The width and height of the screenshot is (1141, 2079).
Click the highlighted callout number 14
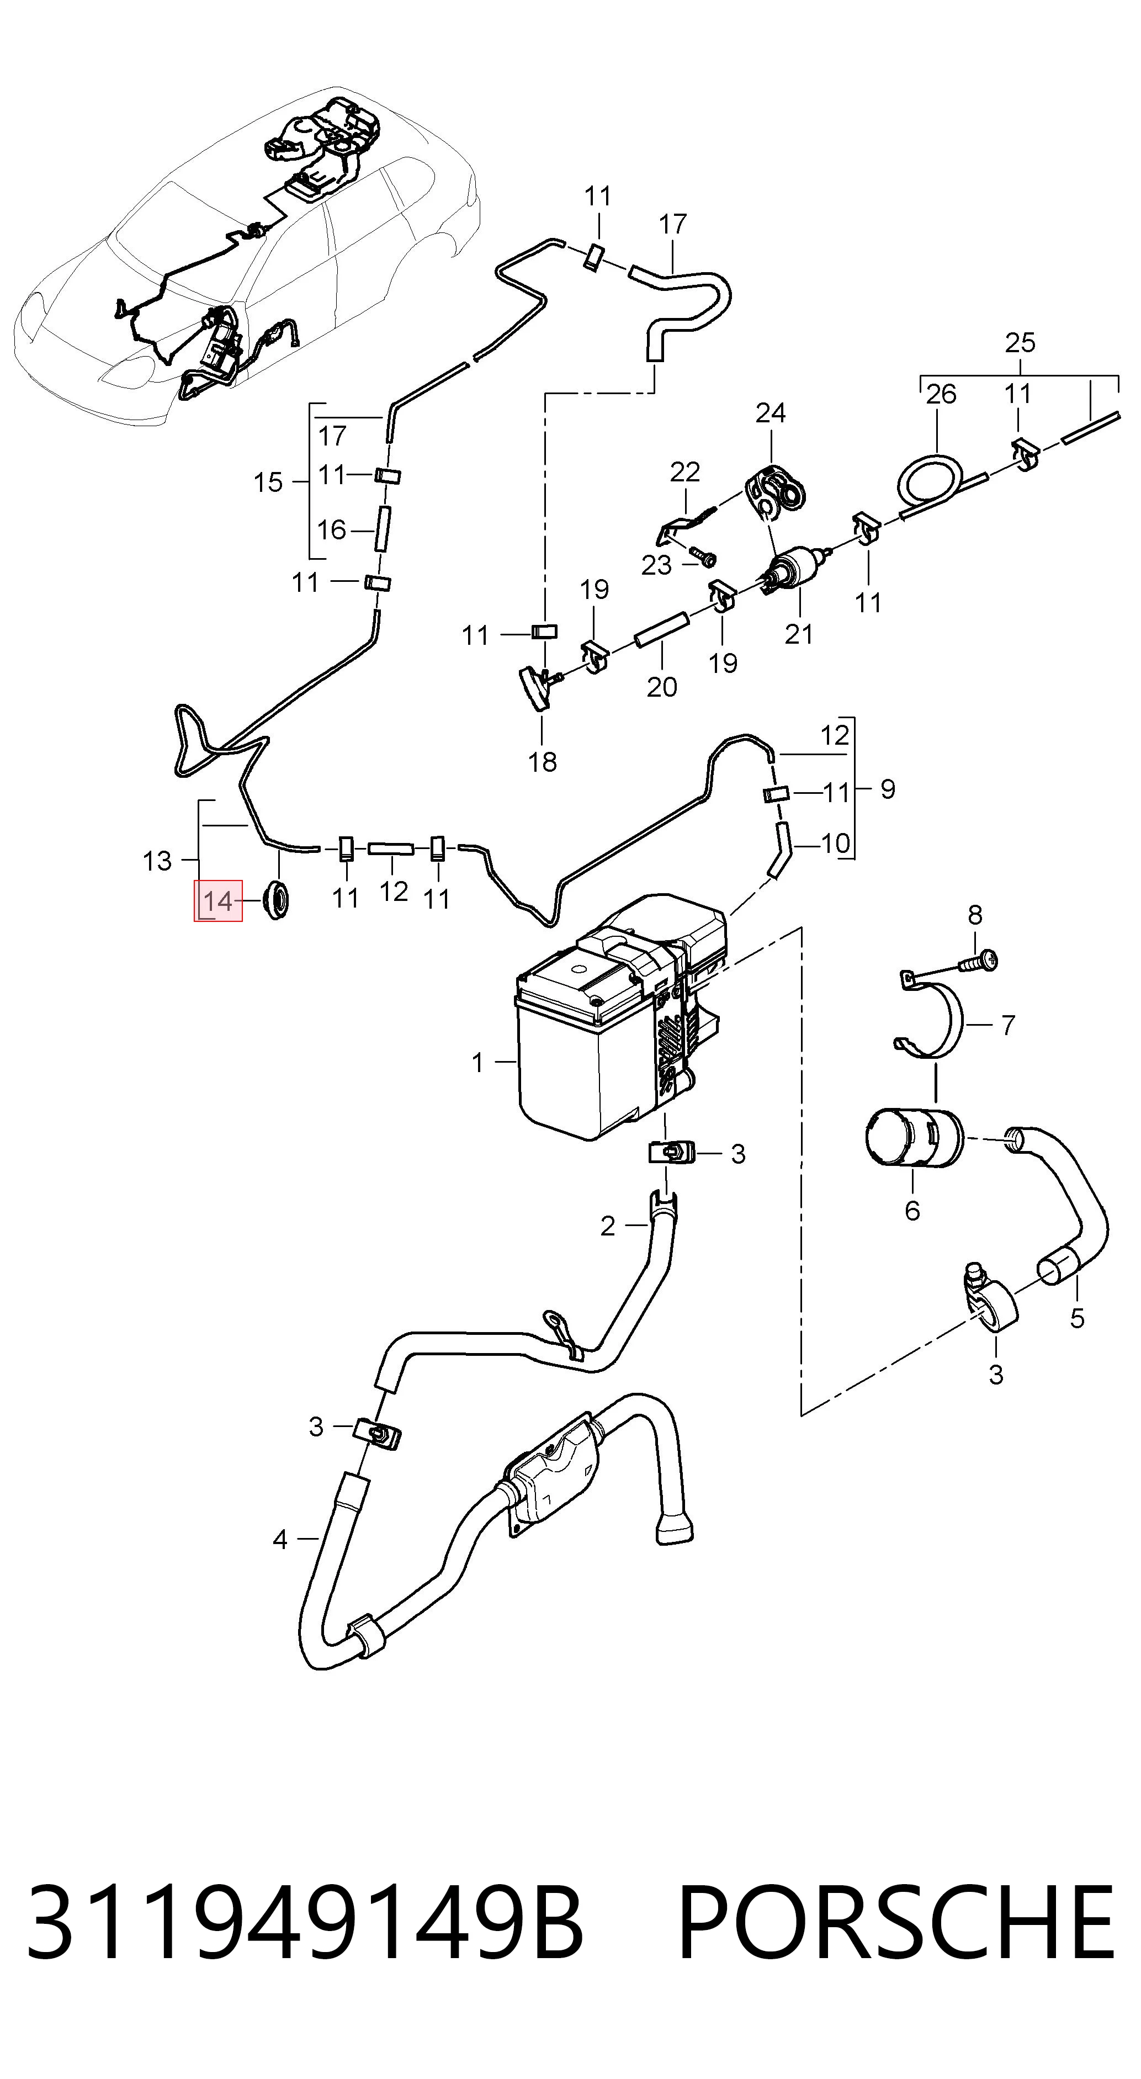pyautogui.click(x=218, y=901)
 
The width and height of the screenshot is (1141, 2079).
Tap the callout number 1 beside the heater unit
pyautogui.click(x=477, y=1062)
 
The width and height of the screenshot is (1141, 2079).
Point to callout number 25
pyautogui.click(x=1020, y=342)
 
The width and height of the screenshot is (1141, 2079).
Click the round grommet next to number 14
pyautogui.click(x=276, y=901)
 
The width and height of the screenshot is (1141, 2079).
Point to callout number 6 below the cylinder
pyautogui.click(x=912, y=1210)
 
